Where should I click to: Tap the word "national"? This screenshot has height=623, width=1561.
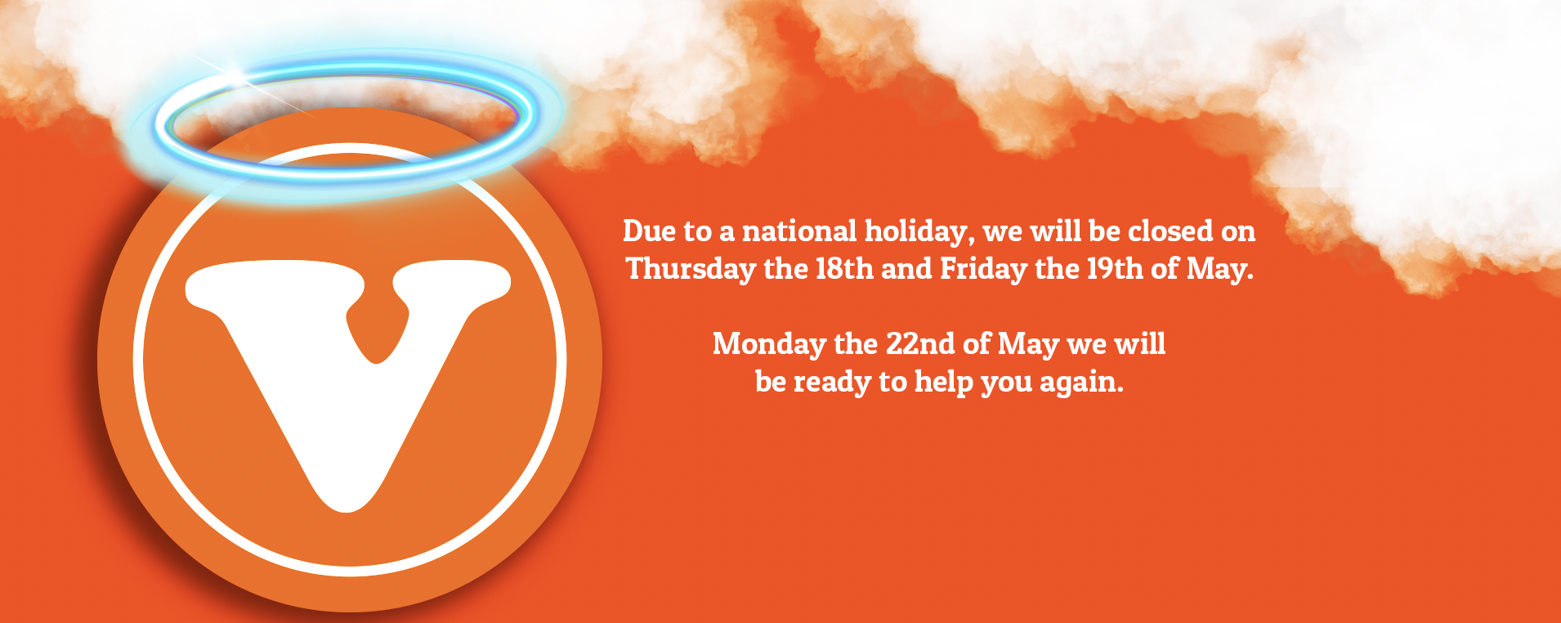tap(799, 231)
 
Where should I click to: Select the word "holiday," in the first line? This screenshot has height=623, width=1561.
tap(919, 233)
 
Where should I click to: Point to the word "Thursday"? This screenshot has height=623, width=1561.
tap(691, 270)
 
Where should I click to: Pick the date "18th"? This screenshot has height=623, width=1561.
tap(844, 269)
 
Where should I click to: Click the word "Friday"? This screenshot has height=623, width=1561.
tap(983, 270)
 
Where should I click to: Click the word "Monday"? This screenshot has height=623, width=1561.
tap(769, 345)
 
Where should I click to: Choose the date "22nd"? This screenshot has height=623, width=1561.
tap(920, 344)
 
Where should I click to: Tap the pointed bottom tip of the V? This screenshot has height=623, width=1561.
tap(347, 511)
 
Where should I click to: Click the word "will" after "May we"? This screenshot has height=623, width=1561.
tap(1140, 344)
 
